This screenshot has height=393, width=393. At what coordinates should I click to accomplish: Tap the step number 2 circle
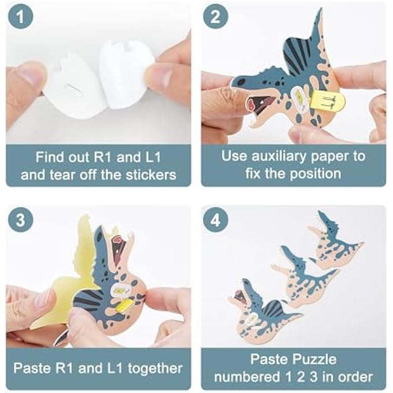pos(215,18)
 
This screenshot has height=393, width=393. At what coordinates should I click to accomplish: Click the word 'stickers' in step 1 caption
pos(149,174)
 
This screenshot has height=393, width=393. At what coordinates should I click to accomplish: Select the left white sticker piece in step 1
pos(78,87)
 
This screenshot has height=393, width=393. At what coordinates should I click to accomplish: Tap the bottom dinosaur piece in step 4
pos(260,309)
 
